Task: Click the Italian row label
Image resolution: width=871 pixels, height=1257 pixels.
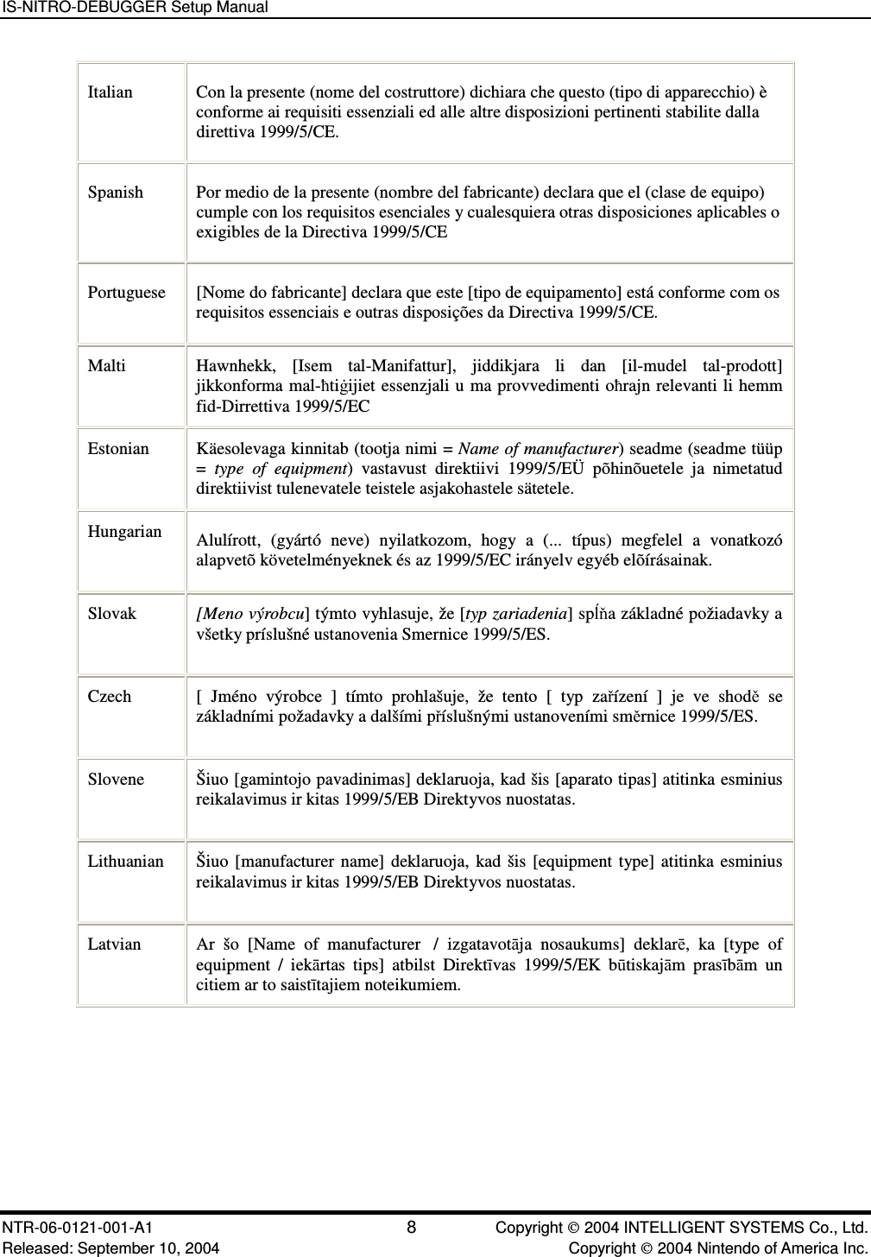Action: point(110,92)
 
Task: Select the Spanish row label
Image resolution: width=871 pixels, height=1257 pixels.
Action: point(116,193)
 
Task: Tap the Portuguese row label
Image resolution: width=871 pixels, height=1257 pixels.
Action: point(126,293)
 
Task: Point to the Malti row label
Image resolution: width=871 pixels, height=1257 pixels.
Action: point(107,366)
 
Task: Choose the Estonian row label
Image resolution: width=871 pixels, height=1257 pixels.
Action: point(118,449)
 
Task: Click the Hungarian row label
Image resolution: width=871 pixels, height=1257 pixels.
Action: point(125,532)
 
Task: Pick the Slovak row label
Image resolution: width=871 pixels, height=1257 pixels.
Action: point(112,614)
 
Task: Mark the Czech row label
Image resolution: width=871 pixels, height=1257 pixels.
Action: point(110,697)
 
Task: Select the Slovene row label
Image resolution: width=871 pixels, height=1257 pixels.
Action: point(117,780)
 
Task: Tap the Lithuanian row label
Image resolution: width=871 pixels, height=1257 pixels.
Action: point(126,862)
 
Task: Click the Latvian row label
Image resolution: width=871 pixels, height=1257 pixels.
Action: point(115,944)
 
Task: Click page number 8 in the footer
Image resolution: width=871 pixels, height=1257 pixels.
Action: point(412,1228)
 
